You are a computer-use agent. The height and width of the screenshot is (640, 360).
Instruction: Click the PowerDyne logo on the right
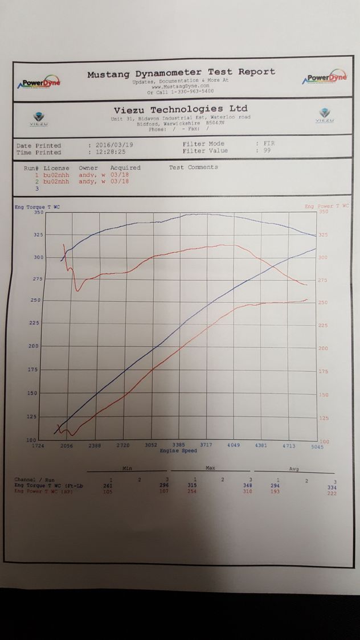(x=325, y=78)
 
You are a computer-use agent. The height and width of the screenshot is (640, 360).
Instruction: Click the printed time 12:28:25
(x=111, y=153)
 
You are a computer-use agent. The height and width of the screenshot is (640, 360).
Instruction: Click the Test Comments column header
(x=193, y=167)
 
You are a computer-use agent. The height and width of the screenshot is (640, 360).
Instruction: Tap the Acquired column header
(x=125, y=168)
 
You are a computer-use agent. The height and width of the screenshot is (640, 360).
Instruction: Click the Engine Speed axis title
(x=178, y=451)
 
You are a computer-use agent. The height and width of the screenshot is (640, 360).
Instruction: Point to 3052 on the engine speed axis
(x=151, y=446)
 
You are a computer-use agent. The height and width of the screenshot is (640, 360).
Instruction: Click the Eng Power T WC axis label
(x=326, y=206)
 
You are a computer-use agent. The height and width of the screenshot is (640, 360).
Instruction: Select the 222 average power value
(x=332, y=493)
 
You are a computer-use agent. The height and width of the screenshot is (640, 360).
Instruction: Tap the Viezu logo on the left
(x=39, y=116)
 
